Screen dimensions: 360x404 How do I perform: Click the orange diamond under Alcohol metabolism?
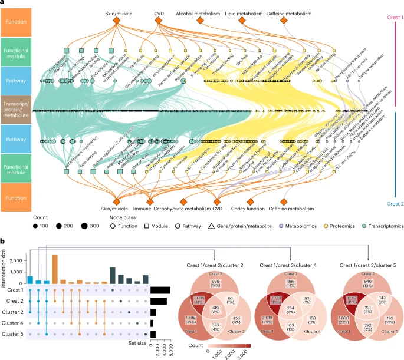(x=201, y=21)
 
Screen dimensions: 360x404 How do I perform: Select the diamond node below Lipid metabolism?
(x=242, y=21)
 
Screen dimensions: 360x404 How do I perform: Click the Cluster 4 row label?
(x=14, y=323)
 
